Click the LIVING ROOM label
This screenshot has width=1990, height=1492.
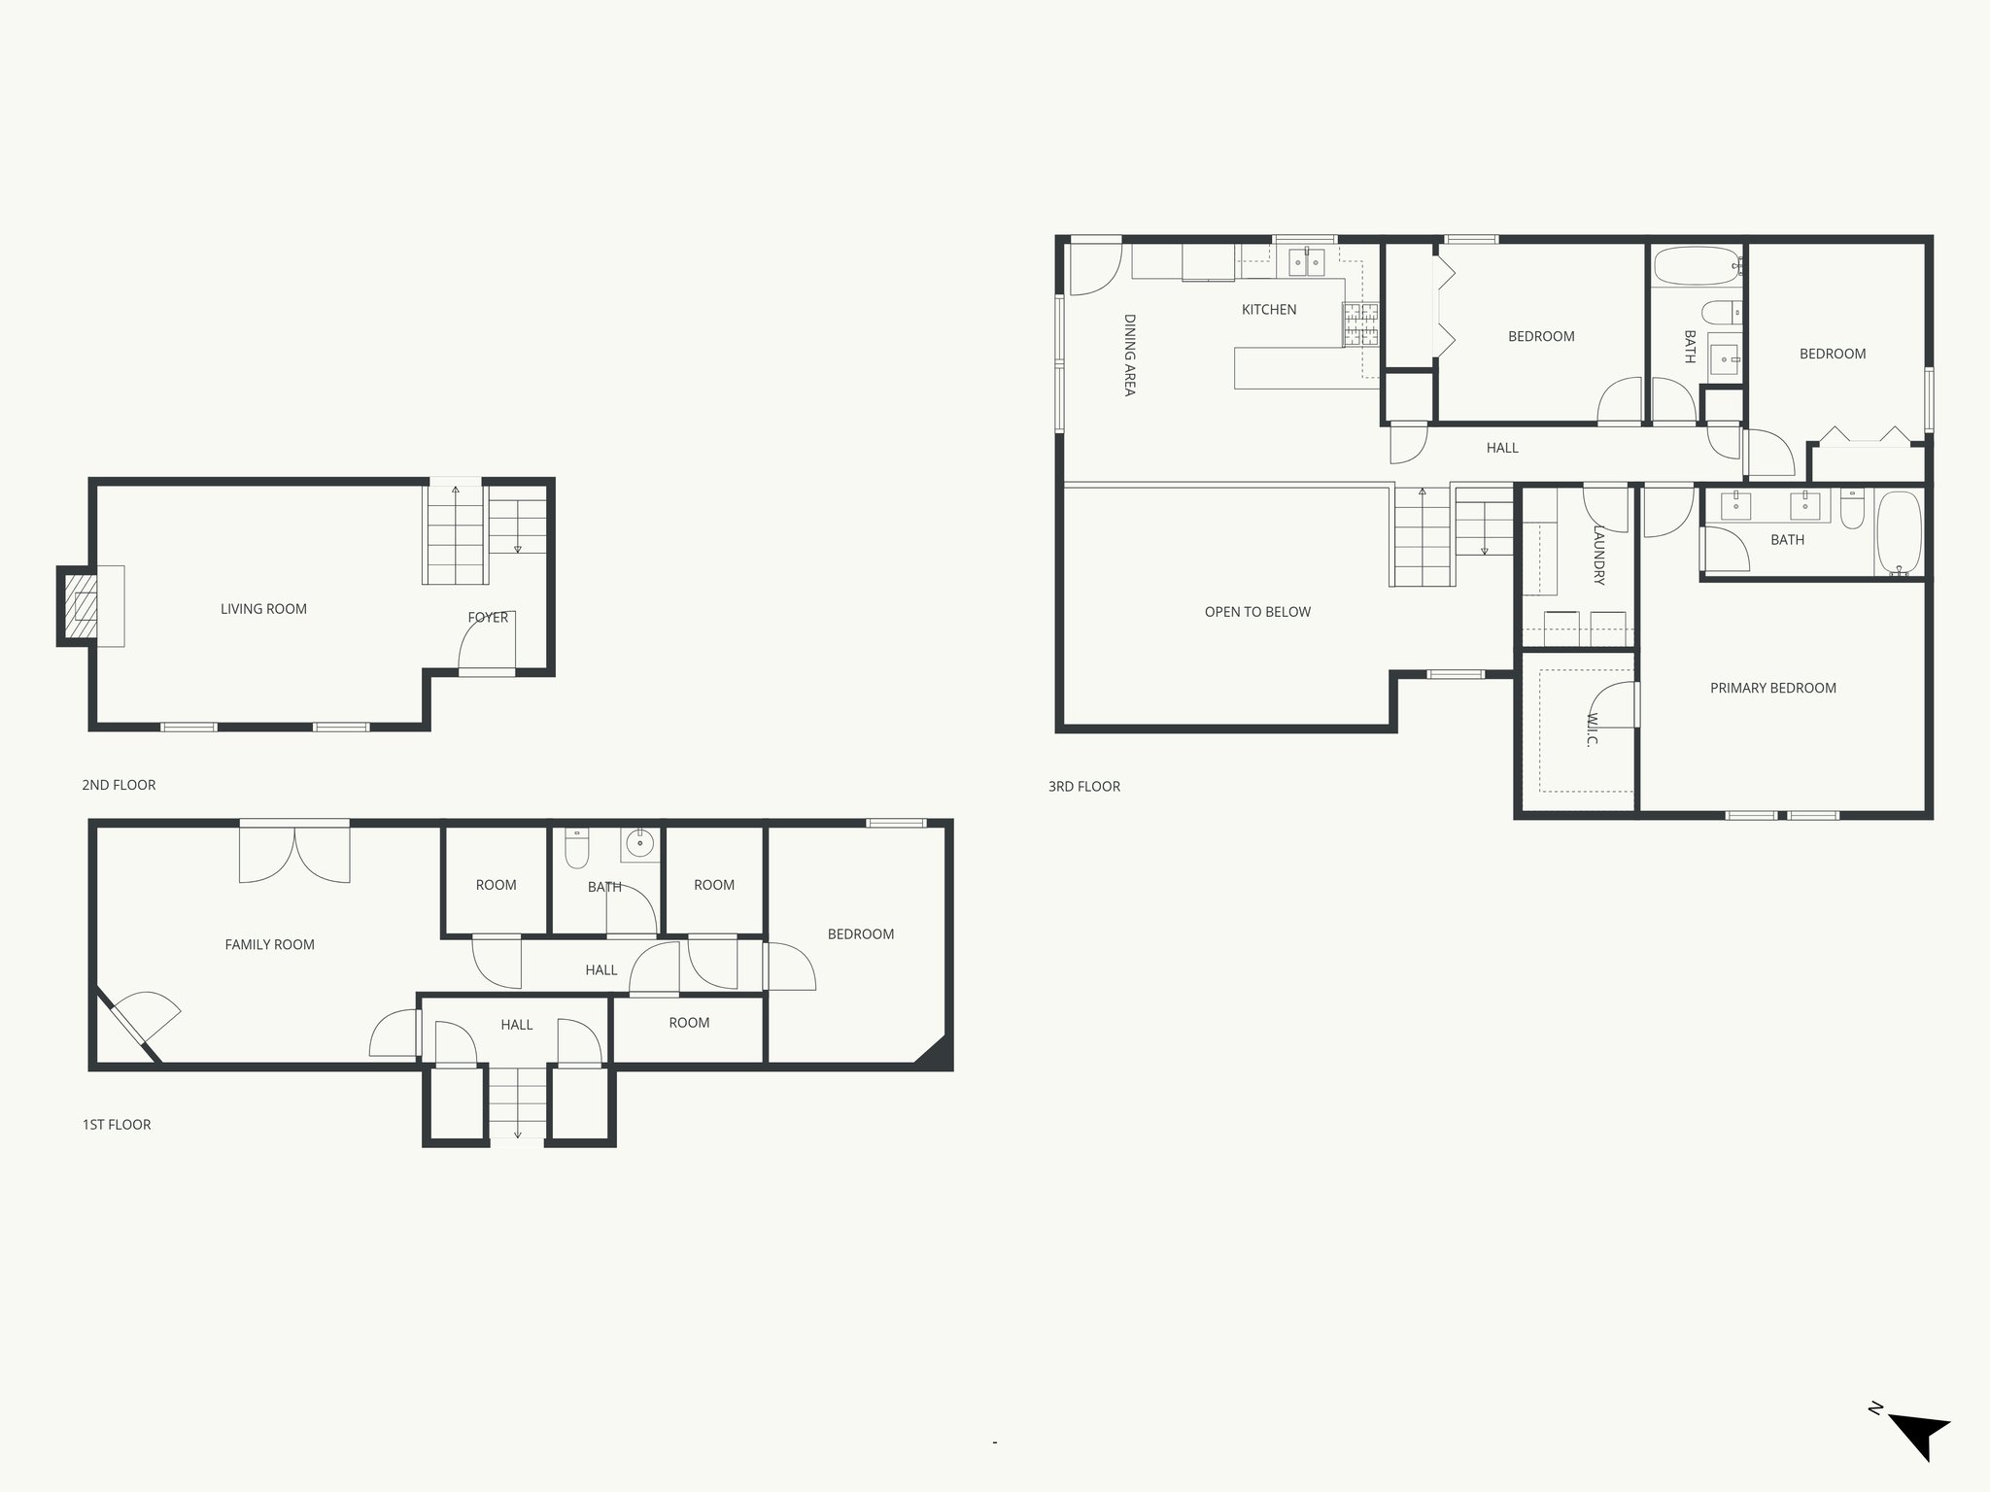pos(263,609)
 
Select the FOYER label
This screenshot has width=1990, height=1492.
pos(488,618)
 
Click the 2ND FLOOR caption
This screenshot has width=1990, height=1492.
pos(119,785)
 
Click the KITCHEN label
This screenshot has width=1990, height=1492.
pos(1269,310)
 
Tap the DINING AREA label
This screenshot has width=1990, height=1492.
pos(1129,355)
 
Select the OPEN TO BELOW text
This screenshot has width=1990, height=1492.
pos(1257,612)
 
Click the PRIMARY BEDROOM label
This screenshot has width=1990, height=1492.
pos(1772,688)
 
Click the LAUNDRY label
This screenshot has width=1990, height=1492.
pos(1598,555)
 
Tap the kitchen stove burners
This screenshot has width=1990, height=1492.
pos(1360,324)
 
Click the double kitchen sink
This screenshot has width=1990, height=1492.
pos(1306,262)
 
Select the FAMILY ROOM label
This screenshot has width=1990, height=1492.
pos(269,944)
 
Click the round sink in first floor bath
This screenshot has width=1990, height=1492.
pos(639,843)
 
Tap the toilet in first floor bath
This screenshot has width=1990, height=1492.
pos(577,848)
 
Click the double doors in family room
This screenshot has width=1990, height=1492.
pos(294,853)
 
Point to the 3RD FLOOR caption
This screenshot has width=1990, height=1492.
pos(1083,787)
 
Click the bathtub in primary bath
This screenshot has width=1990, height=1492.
pos(1899,534)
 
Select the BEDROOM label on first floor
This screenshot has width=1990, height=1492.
pos(860,934)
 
